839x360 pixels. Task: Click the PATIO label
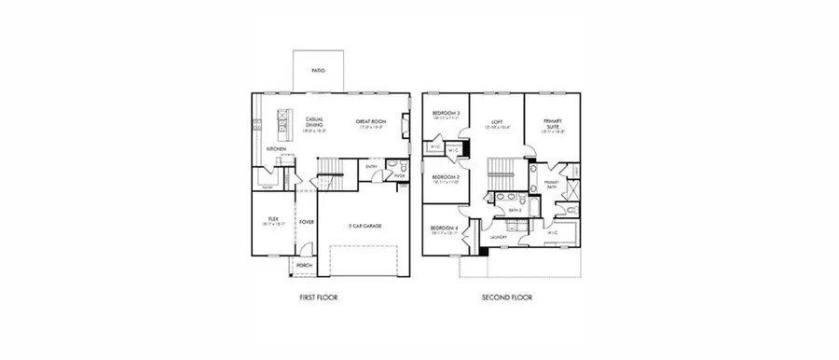click(318, 70)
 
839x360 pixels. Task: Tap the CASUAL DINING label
click(314, 122)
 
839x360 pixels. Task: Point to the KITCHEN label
click(276, 149)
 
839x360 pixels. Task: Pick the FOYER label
click(307, 222)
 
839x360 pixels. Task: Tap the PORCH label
click(303, 266)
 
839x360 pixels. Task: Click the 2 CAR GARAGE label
click(364, 226)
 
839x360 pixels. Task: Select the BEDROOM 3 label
click(446, 114)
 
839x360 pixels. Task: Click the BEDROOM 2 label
click(446, 176)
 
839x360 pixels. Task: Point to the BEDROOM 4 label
click(444, 228)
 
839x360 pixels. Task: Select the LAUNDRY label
click(498, 238)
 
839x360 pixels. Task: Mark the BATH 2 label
click(514, 211)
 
